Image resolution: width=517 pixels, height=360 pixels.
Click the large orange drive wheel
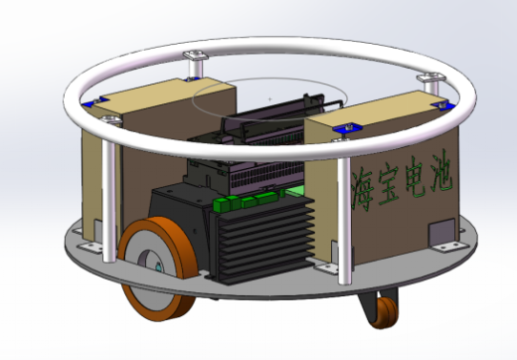click(x=157, y=269)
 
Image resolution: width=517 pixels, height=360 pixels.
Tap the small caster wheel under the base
click(x=385, y=312)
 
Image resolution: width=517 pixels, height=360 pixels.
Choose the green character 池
click(x=441, y=171)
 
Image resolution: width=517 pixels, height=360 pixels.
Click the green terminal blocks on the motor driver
click(x=247, y=201)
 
